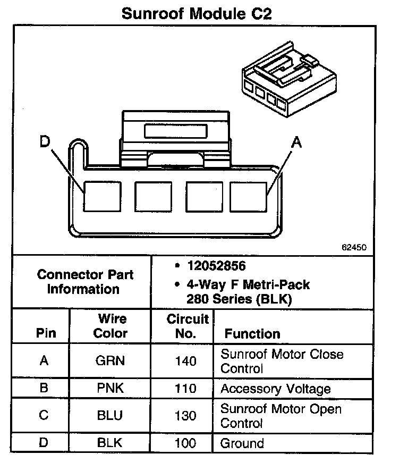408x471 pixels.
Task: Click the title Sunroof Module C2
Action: (x=197, y=13)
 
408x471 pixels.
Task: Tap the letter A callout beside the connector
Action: (x=297, y=142)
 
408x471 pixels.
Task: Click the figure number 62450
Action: (x=354, y=247)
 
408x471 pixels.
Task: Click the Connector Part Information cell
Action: (x=85, y=282)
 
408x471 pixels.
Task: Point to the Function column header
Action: (x=252, y=334)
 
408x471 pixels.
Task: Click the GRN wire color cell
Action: (x=110, y=361)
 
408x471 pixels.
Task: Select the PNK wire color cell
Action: (x=110, y=388)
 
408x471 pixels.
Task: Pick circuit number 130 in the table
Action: (x=185, y=416)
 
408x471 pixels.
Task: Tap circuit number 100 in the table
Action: (x=185, y=443)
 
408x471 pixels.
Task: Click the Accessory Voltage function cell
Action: (x=275, y=389)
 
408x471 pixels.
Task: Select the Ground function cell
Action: (x=242, y=443)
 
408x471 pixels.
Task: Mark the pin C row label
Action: (x=44, y=416)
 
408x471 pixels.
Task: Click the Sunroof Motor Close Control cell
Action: (x=282, y=361)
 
